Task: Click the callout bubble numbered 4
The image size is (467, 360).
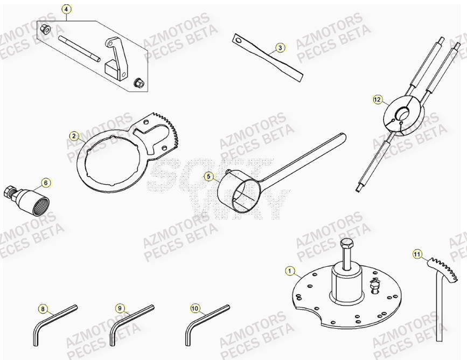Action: [66, 9]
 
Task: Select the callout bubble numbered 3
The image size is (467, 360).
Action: [280, 47]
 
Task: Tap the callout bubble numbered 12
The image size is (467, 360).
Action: [378, 99]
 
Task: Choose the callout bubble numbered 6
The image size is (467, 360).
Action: [46, 183]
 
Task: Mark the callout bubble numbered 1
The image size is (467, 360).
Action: [290, 271]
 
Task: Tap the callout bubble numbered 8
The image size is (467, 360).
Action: [43, 309]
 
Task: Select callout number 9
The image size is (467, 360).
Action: [120, 308]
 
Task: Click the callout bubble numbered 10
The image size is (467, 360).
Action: [195, 309]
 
